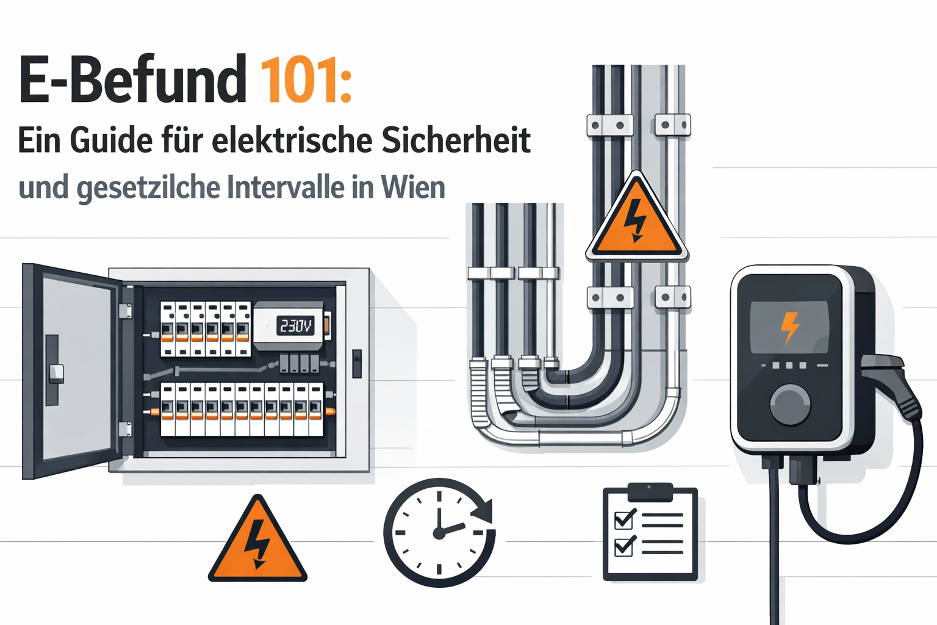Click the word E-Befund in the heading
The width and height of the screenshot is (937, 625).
(132, 79)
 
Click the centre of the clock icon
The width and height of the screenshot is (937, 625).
(439, 533)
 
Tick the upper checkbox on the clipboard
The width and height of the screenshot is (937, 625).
(624, 519)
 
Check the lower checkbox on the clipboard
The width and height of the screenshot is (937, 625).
(624, 546)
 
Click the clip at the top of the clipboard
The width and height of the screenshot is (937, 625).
(650, 491)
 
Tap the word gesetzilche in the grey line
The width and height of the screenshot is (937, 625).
(148, 189)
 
